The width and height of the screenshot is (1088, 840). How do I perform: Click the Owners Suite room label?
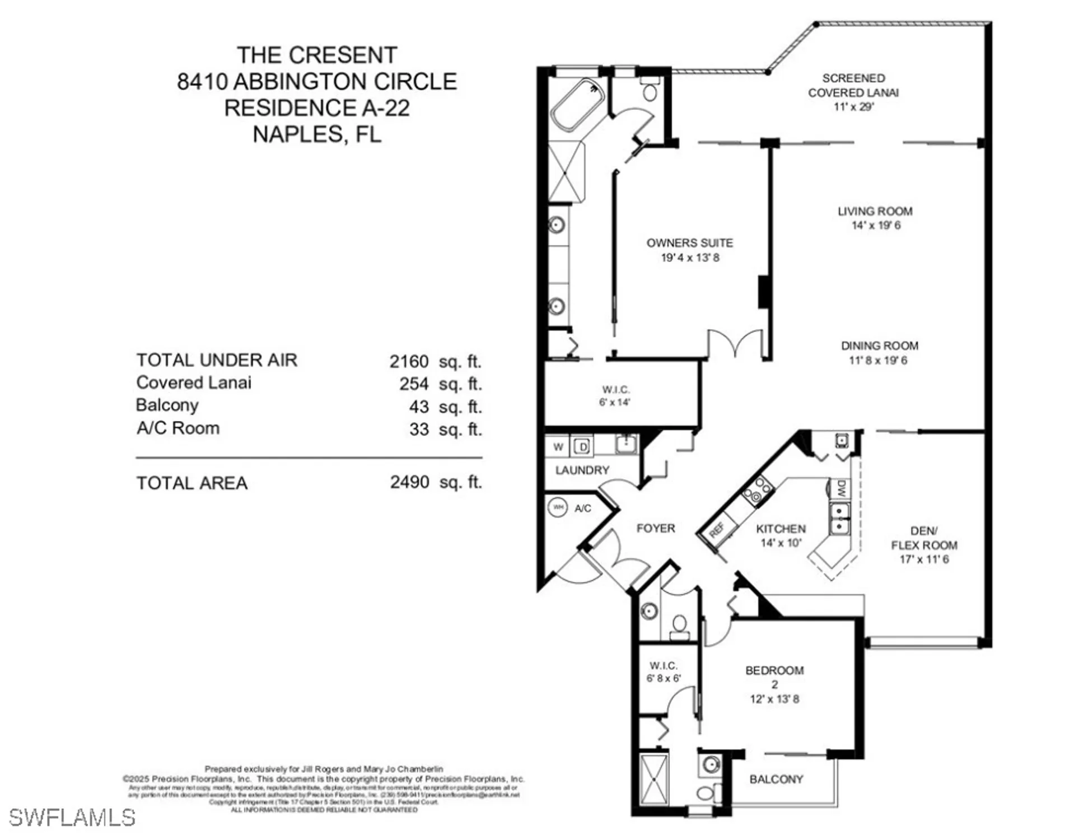click(689, 243)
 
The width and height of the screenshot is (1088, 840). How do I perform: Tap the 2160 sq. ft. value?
click(409, 362)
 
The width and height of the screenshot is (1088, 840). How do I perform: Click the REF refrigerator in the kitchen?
click(716, 529)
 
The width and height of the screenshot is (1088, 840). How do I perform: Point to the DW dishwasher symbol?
click(841, 489)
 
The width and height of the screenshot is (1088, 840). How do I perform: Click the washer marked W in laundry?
click(558, 447)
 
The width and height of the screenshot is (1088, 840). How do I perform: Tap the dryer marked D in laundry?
click(582, 447)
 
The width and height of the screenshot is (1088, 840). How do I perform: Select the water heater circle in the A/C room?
click(558, 507)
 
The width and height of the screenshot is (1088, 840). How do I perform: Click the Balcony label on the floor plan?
click(776, 779)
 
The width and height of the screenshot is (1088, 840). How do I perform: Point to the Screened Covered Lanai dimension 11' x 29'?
click(853, 106)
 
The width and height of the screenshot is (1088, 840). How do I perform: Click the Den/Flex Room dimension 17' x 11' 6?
click(924, 559)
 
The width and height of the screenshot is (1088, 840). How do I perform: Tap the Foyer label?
click(655, 528)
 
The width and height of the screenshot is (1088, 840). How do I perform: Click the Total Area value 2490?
click(409, 482)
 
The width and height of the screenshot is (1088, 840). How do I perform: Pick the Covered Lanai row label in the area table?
click(194, 383)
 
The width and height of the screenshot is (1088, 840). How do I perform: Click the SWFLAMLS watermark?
click(72, 818)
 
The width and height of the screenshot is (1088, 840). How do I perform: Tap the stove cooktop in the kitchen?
click(758, 491)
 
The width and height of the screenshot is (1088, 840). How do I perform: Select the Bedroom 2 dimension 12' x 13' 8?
click(774, 699)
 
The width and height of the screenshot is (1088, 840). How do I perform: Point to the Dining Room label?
click(879, 346)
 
